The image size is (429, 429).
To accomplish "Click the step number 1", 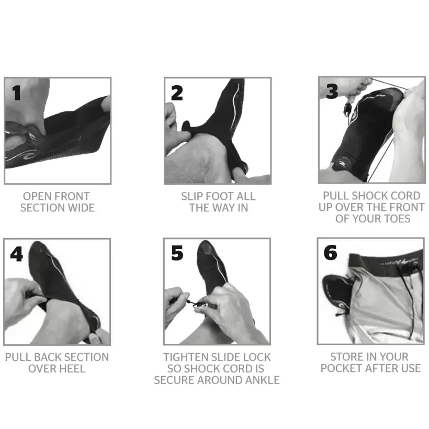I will pyautogui.click(x=17, y=93).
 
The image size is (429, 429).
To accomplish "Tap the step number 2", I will pyautogui.click(x=177, y=93).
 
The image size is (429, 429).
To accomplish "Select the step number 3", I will pyautogui.click(x=332, y=92).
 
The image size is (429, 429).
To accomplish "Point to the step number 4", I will pyautogui.click(x=17, y=254).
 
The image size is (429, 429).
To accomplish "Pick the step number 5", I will pyautogui.click(x=177, y=254).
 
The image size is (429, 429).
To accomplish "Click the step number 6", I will pyautogui.click(x=331, y=253).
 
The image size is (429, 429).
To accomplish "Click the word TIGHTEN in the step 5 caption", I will pyautogui.click(x=186, y=357).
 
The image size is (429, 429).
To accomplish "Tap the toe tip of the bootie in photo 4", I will pyautogui.click(x=37, y=246).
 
